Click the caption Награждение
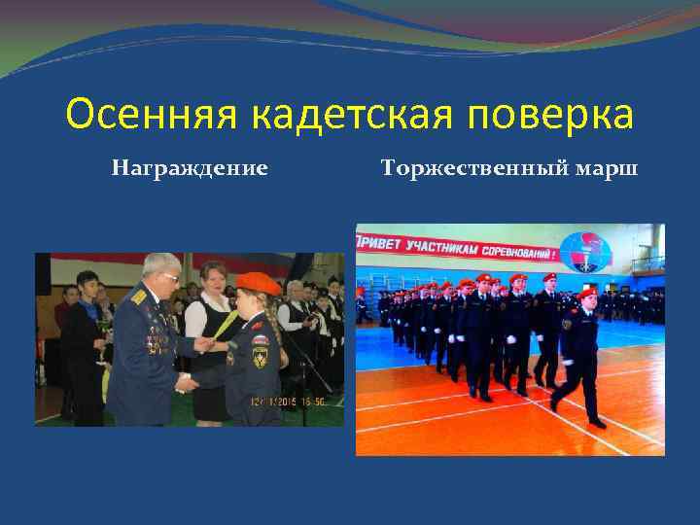tap(190, 168)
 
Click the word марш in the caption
tap(607, 168)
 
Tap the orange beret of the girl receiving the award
tap(259, 283)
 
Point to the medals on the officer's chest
tap(156, 335)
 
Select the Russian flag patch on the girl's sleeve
tap(260, 340)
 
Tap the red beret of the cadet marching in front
tap(588, 292)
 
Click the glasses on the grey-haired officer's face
tap(168, 278)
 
